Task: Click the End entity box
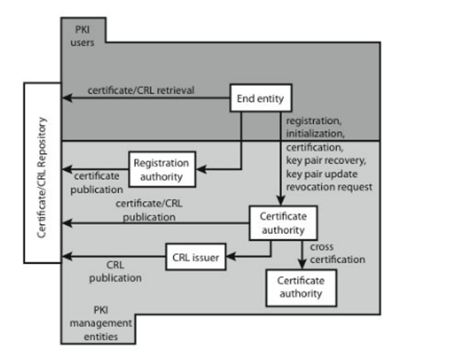point(260,99)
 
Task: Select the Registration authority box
point(160,169)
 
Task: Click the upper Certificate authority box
point(283,223)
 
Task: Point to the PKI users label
point(82,37)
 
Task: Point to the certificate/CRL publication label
point(145,210)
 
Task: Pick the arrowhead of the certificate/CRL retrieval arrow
point(66,99)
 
